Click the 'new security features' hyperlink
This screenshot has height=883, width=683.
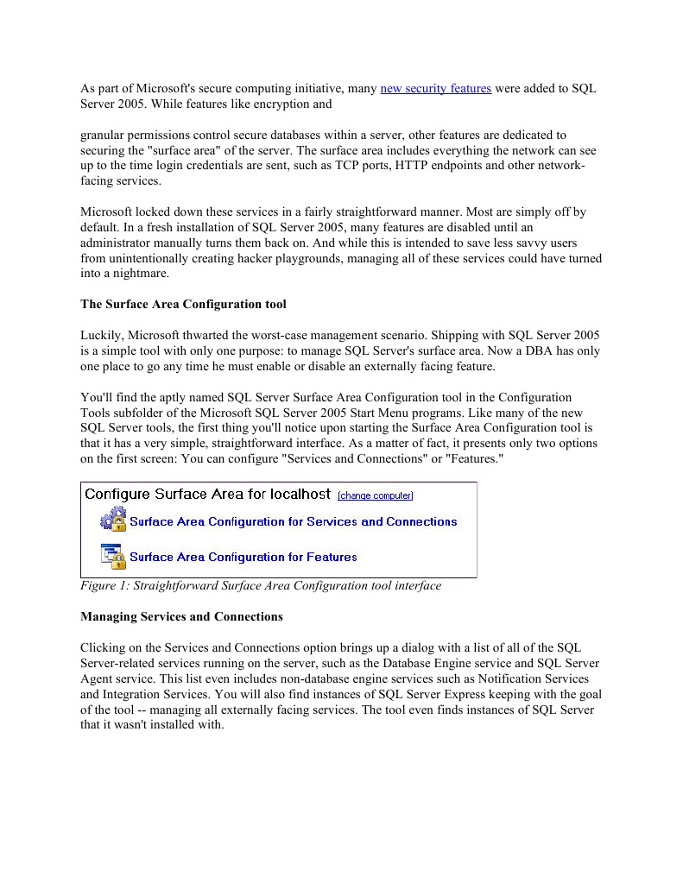(435, 89)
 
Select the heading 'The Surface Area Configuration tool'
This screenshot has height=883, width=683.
(183, 304)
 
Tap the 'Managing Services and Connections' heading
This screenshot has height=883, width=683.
(181, 616)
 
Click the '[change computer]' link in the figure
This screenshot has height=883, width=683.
(375, 495)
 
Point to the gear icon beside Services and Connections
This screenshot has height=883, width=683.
(113, 520)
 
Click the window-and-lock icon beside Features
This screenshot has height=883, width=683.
(113, 556)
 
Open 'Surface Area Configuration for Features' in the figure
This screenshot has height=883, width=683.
(243, 557)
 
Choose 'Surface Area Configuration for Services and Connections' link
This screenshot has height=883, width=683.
(293, 521)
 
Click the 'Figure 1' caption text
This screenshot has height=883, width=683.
(260, 585)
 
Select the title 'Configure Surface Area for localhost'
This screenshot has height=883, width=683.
(207, 495)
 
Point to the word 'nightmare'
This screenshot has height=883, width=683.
(142, 273)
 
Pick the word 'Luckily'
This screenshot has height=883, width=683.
(101, 335)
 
